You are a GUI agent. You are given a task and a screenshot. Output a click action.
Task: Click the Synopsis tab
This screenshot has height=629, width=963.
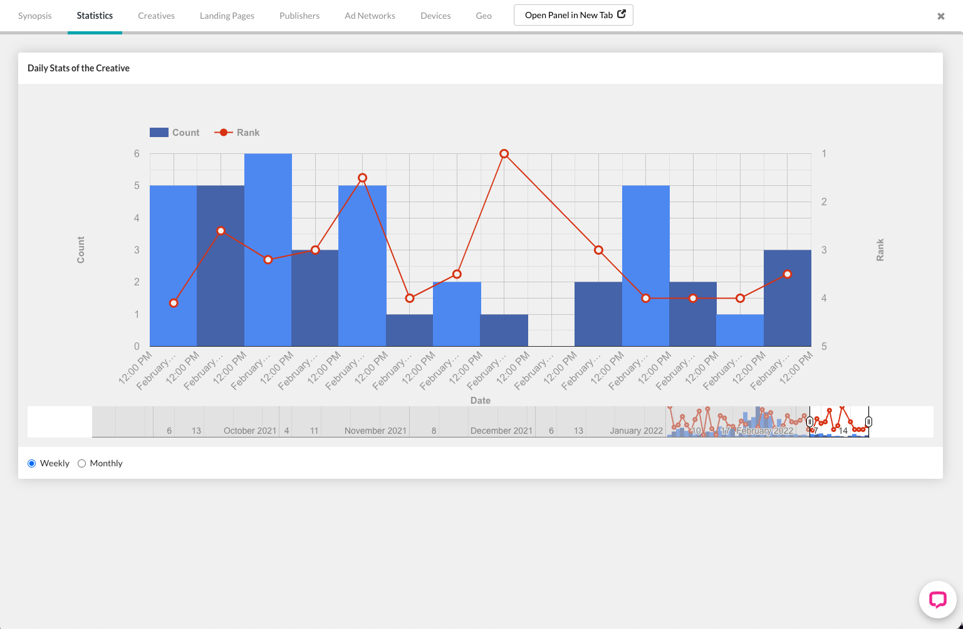tap(35, 16)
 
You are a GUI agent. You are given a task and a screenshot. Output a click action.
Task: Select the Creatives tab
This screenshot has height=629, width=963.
tap(156, 16)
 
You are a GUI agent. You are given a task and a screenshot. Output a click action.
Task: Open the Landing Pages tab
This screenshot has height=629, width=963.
tap(227, 16)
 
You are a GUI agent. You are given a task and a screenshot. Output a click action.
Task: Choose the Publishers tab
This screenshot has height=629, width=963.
tap(299, 16)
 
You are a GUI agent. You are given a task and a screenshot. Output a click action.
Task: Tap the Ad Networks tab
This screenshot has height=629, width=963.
tap(370, 16)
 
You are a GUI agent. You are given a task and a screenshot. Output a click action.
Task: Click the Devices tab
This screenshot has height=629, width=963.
tap(435, 16)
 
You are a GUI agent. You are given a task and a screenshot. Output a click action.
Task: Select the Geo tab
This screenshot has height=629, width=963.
tap(484, 16)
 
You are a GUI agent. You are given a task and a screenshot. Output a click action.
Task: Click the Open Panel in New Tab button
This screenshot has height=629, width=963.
tap(573, 15)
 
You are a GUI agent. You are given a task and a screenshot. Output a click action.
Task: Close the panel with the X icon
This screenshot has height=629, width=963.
tap(940, 16)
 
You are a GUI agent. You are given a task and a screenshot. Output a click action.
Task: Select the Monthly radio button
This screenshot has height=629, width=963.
tap(82, 464)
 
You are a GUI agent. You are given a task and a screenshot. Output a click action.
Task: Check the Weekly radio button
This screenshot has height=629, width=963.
tap(32, 464)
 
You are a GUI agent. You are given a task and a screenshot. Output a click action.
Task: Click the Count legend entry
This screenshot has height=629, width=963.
tap(175, 133)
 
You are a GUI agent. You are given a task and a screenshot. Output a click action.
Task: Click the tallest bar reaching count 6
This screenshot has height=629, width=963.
tap(268, 250)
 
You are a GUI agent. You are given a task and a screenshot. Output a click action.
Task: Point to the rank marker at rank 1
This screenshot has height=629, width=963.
tap(504, 154)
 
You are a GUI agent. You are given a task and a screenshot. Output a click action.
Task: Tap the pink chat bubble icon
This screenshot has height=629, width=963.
tap(937, 600)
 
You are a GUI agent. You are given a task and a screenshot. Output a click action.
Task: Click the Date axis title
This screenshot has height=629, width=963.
tap(481, 401)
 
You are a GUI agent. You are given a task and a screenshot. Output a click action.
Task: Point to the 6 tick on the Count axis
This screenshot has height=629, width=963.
tap(137, 154)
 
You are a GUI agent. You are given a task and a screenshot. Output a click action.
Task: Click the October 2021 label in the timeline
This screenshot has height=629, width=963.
tap(249, 431)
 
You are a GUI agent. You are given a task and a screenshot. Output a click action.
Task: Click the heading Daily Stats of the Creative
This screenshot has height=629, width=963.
tap(78, 68)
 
